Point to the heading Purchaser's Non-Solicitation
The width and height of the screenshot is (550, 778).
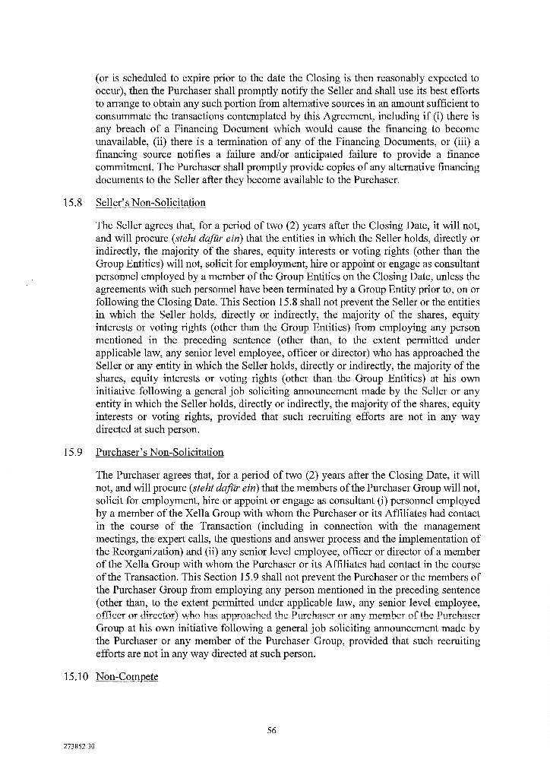[160, 452]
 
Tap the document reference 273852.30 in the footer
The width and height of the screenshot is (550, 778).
[80, 747]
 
